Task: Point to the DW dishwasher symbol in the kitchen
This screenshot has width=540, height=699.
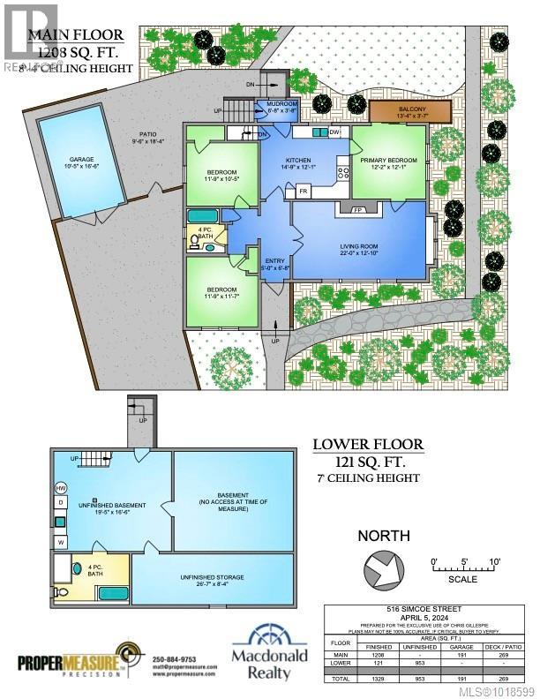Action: pos(334,132)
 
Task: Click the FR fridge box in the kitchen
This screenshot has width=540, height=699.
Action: pos(304,191)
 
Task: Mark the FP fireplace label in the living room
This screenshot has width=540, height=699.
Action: pos(358,211)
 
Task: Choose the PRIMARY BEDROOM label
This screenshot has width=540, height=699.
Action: pos(386,162)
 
